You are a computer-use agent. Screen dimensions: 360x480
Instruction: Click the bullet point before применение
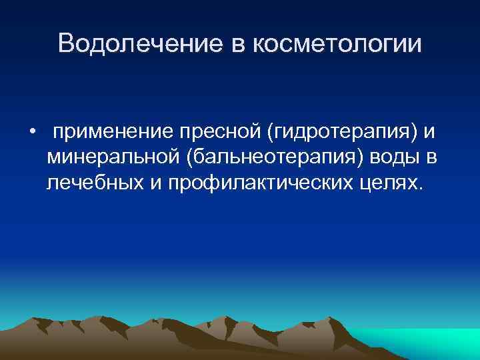pos(31,131)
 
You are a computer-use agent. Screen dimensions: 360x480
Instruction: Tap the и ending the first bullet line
pos(431,131)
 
